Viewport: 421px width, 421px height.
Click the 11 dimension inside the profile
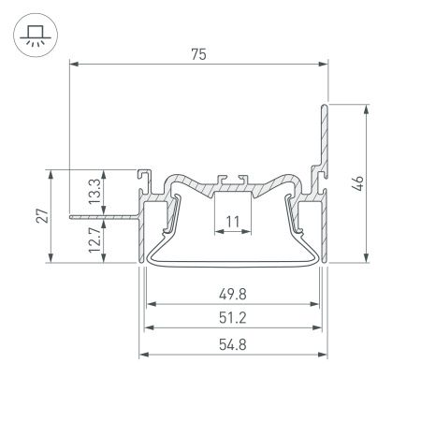pos(234,222)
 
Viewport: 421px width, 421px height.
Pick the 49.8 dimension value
pos(234,292)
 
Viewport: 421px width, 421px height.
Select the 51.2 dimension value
pos(234,318)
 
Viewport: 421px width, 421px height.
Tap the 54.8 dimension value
pos(234,343)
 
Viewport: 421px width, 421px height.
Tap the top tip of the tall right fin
pos(327,106)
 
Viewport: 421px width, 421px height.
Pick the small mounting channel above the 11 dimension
pos(234,180)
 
